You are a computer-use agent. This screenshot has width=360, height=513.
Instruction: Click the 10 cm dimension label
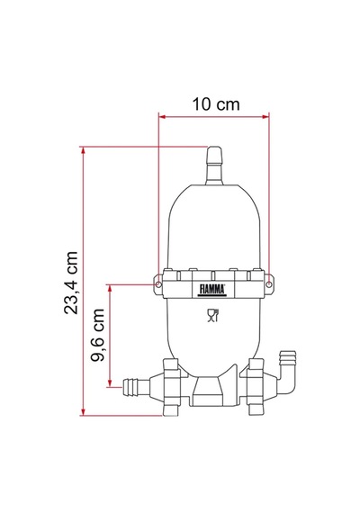tap(216, 104)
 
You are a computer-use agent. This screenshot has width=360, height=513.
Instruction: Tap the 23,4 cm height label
tap(71, 283)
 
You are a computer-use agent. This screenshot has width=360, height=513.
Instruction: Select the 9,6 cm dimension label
tap(97, 335)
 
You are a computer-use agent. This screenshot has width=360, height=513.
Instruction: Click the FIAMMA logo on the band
tap(212, 290)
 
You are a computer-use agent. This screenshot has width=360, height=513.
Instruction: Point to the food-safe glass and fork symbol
tap(212, 315)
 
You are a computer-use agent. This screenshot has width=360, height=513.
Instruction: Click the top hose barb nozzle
tap(214, 166)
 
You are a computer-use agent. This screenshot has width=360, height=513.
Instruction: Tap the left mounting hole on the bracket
tap(158, 284)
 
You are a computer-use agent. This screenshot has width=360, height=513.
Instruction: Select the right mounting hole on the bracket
tap(269, 284)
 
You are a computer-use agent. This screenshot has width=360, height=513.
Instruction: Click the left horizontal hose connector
tap(136, 387)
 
